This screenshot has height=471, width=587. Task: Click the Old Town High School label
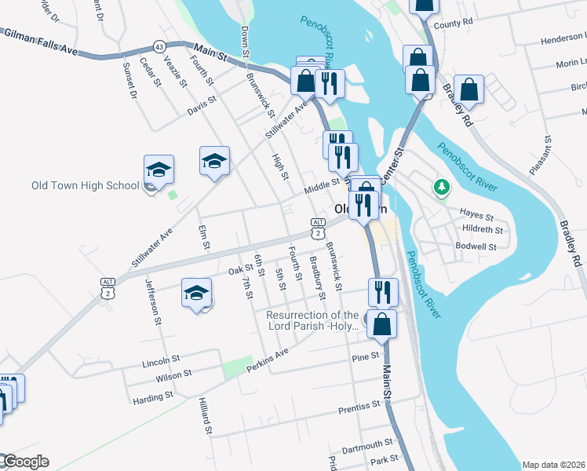click(85, 186)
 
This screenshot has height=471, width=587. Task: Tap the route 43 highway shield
click(159, 46)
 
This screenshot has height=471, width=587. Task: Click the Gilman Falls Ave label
click(41, 42)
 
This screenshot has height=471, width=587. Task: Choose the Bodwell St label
click(476, 246)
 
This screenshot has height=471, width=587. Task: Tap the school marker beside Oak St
click(196, 294)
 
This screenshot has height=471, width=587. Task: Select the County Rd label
click(454, 24)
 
